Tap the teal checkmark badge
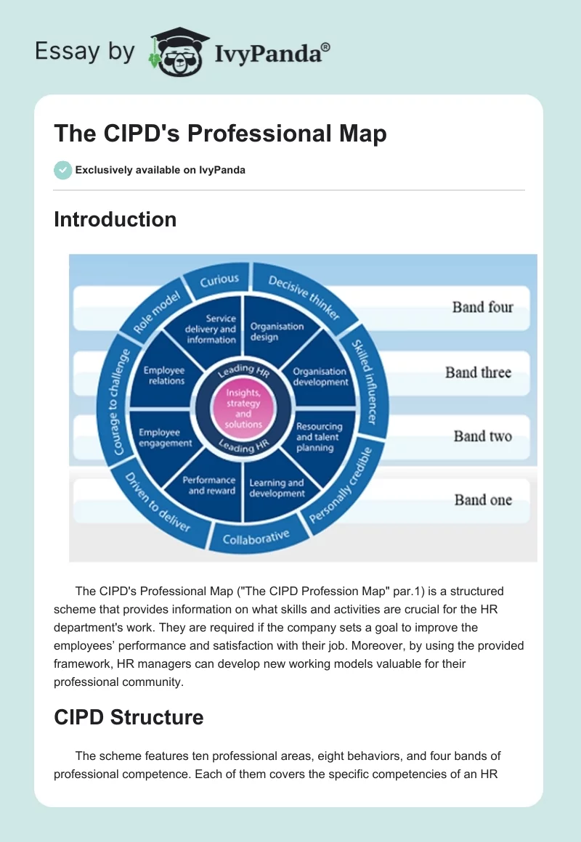point(62,170)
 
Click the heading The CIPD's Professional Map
point(220,134)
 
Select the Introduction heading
point(115,219)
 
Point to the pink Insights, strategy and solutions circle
point(244,409)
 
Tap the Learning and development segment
point(277,489)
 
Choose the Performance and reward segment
point(208,486)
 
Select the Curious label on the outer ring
point(219,279)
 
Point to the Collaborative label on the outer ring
point(256,538)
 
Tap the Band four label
point(482,307)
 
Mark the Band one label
point(483,499)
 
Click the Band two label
point(482,436)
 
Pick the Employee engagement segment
point(166,438)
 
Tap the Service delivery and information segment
point(211,329)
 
